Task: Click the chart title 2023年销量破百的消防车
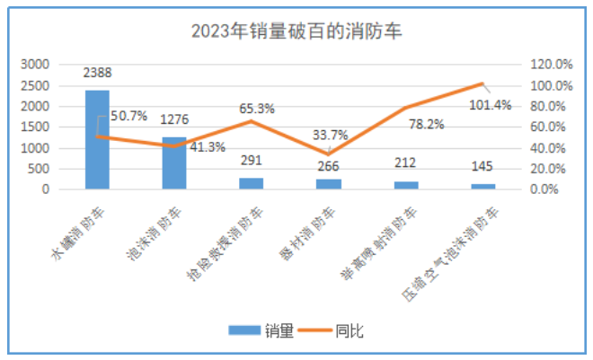coord(296,32)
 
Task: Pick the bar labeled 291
coord(252,183)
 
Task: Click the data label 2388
coord(97,74)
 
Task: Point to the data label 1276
coord(174,119)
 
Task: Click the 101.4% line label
coord(490,104)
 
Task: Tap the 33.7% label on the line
coord(329,136)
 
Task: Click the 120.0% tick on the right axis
coord(550,65)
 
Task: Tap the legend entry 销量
coord(261,330)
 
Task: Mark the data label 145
coord(482,168)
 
